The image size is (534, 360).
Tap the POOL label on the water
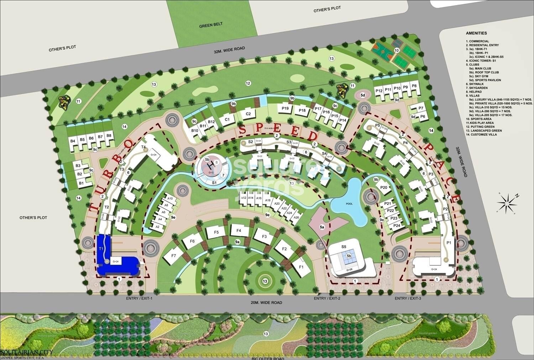[349, 204]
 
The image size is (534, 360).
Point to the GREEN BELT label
[211, 24]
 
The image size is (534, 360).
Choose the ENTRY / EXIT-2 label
[327, 298]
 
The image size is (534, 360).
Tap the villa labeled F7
[174, 256]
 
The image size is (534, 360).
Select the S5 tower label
[343, 247]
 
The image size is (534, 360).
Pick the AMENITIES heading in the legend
[476, 33]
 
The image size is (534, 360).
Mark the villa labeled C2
[248, 114]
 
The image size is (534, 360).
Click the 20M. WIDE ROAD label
[264, 303]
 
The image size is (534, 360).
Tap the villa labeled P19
[285, 108]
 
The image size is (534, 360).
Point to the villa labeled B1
[82, 183]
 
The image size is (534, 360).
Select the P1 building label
[449, 242]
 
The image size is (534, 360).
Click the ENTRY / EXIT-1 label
[139, 298]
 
